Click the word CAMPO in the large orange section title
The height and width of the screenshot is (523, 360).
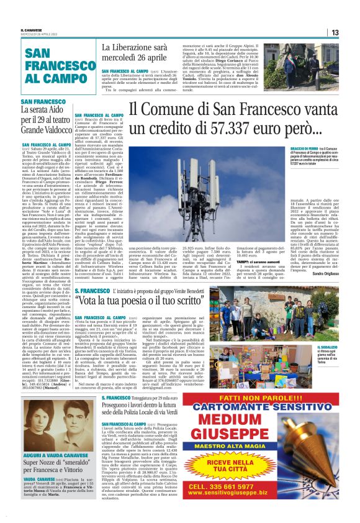point(60,79)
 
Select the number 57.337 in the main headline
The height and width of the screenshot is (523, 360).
point(205,129)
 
